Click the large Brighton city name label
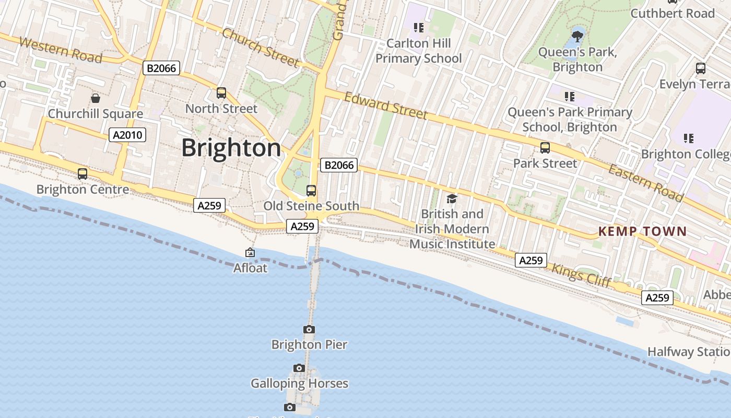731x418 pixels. [x=231, y=148]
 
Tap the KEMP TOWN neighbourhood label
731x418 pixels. [x=642, y=231]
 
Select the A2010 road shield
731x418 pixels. [x=128, y=135]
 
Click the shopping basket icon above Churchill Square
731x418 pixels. [x=96, y=98]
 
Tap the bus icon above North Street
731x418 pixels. [x=221, y=93]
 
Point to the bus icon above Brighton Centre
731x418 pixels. [x=82, y=173]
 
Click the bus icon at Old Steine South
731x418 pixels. [x=311, y=190]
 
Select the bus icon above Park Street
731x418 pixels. [x=545, y=148]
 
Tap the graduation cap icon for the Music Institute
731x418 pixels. [x=452, y=199]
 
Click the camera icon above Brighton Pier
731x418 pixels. [x=309, y=329]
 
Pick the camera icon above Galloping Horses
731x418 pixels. [x=299, y=368]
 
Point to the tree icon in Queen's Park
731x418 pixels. [x=577, y=36]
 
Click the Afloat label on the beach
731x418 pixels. [x=250, y=268]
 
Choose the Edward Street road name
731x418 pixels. [x=386, y=106]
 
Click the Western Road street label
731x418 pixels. [x=60, y=50]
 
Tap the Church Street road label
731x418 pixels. [x=260, y=48]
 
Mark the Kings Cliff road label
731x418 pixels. [x=581, y=275]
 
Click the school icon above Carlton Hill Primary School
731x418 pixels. [x=418, y=27]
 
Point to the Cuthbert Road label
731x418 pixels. [x=673, y=14]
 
